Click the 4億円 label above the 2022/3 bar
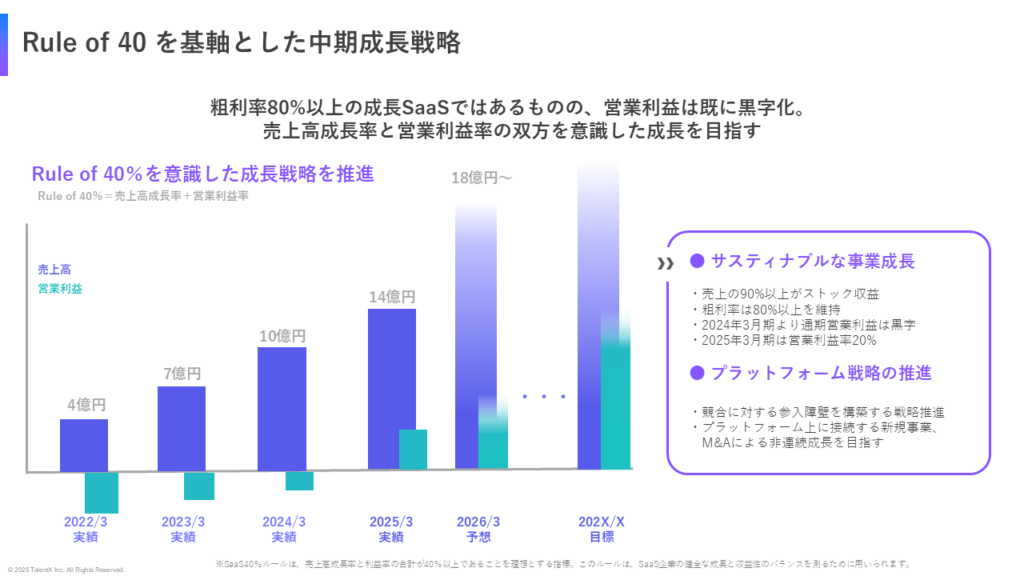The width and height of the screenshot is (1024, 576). tap(86, 405)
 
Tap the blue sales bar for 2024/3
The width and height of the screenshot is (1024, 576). tap(281, 408)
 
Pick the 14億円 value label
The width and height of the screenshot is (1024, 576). tap(392, 296)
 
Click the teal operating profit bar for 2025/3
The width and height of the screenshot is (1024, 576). tap(413, 449)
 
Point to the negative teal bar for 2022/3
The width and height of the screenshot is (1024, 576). tap(101, 492)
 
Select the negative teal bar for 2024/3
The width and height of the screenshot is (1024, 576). tap(299, 481)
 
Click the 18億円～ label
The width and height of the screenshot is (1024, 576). tap(481, 178)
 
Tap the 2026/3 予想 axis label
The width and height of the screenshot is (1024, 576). tap(478, 529)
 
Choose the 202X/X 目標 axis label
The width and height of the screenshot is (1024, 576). tap(602, 529)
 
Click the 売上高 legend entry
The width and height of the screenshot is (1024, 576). tap(54, 269)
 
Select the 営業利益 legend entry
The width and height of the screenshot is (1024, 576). tap(60, 289)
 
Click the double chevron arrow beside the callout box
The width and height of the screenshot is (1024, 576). tap(665, 264)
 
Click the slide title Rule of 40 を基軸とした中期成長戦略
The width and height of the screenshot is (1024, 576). tap(240, 42)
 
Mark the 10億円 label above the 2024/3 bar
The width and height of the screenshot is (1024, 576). tap(282, 336)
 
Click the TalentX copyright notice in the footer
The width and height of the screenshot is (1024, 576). tap(66, 569)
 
